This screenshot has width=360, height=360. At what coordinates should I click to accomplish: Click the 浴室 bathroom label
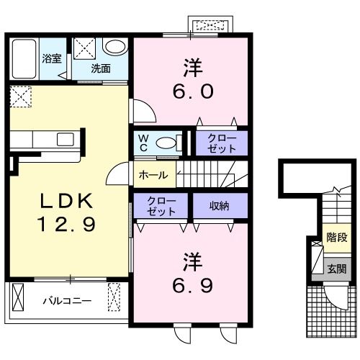tap(52, 58)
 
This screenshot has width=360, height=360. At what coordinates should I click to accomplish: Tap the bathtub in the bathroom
tap(24, 59)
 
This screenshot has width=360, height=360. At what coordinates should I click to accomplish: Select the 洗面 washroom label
tap(101, 68)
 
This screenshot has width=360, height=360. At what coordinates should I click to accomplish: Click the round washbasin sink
tap(115, 47)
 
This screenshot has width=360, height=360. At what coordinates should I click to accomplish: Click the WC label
tap(143, 143)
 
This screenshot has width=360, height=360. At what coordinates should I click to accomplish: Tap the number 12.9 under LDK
tap(66, 224)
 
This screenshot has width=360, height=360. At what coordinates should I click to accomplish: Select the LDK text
tap(66, 201)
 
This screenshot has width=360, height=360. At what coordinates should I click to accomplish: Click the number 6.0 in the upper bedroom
tap(193, 91)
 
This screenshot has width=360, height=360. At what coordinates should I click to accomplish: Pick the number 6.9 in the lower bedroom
tap(193, 286)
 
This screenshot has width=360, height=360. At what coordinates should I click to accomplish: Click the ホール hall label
tap(153, 175)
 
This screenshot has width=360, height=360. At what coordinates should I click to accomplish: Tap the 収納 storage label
tap(220, 206)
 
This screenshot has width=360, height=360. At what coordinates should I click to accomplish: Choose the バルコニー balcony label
tap(67, 301)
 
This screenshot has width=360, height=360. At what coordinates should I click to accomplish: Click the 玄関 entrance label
tap(337, 269)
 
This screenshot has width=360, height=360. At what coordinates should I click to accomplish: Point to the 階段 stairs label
tap(337, 238)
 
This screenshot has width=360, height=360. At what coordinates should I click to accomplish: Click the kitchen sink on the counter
tap(66, 140)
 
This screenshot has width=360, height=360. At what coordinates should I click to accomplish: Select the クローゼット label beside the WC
tap(222, 143)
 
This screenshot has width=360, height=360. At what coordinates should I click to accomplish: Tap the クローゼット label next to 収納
tap(161, 206)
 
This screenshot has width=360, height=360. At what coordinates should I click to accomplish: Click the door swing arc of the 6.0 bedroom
tap(150, 107)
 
